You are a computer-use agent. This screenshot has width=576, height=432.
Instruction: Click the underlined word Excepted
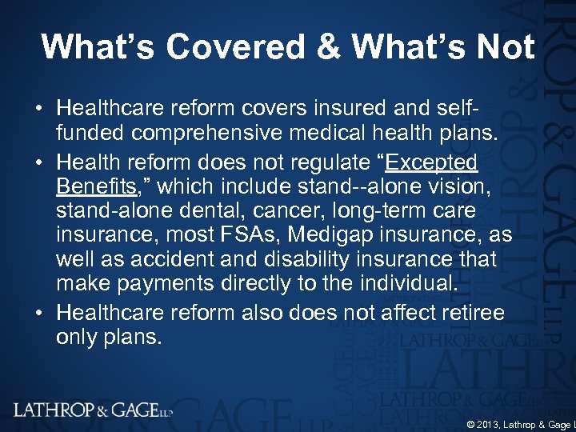point(431,163)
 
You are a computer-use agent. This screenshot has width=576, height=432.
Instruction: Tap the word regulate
point(320,163)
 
